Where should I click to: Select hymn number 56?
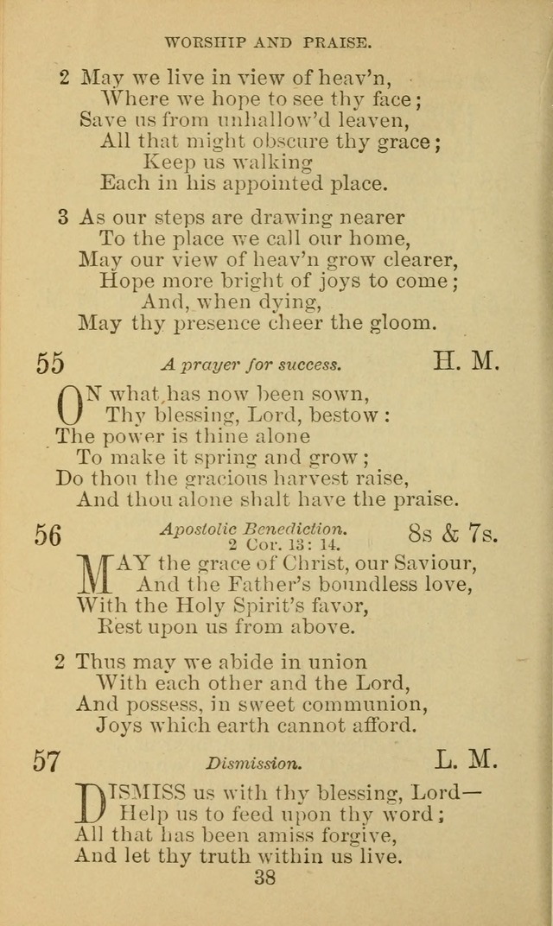tap(48, 535)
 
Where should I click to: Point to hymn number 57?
tap(47, 761)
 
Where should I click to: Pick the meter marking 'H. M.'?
tap(466, 361)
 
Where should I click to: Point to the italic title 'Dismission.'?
tap(254, 764)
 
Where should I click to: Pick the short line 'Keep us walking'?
tap(227, 161)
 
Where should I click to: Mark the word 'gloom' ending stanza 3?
tap(399, 323)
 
